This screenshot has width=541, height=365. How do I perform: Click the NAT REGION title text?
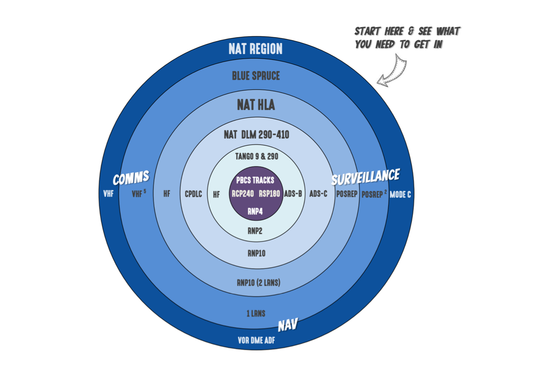tap(256, 49)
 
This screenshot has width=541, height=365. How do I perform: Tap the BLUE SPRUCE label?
tap(256, 76)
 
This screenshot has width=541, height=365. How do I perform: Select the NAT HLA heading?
tap(256, 106)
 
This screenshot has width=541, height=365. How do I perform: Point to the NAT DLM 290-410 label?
tap(256, 135)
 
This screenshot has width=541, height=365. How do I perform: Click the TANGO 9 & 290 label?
tap(257, 157)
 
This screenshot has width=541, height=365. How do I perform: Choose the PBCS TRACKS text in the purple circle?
tap(255, 180)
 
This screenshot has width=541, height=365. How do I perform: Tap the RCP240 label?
tap(243, 194)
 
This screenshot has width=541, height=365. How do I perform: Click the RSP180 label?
tap(269, 194)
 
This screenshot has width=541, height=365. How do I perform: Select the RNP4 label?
tap(256, 211)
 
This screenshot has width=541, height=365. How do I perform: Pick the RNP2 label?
tap(255, 231)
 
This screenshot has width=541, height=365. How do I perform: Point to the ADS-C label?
tap(318, 194)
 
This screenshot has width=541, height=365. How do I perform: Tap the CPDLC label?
tap(193, 194)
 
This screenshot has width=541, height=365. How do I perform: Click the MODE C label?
tap(400, 194)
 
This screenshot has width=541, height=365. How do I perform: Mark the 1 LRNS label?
tap(256, 313)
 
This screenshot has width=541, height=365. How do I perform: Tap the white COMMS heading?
tap(131, 178)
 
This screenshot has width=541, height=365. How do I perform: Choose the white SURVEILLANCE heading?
tap(365, 177)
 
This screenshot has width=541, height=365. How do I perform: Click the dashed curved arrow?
tap(391, 71)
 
